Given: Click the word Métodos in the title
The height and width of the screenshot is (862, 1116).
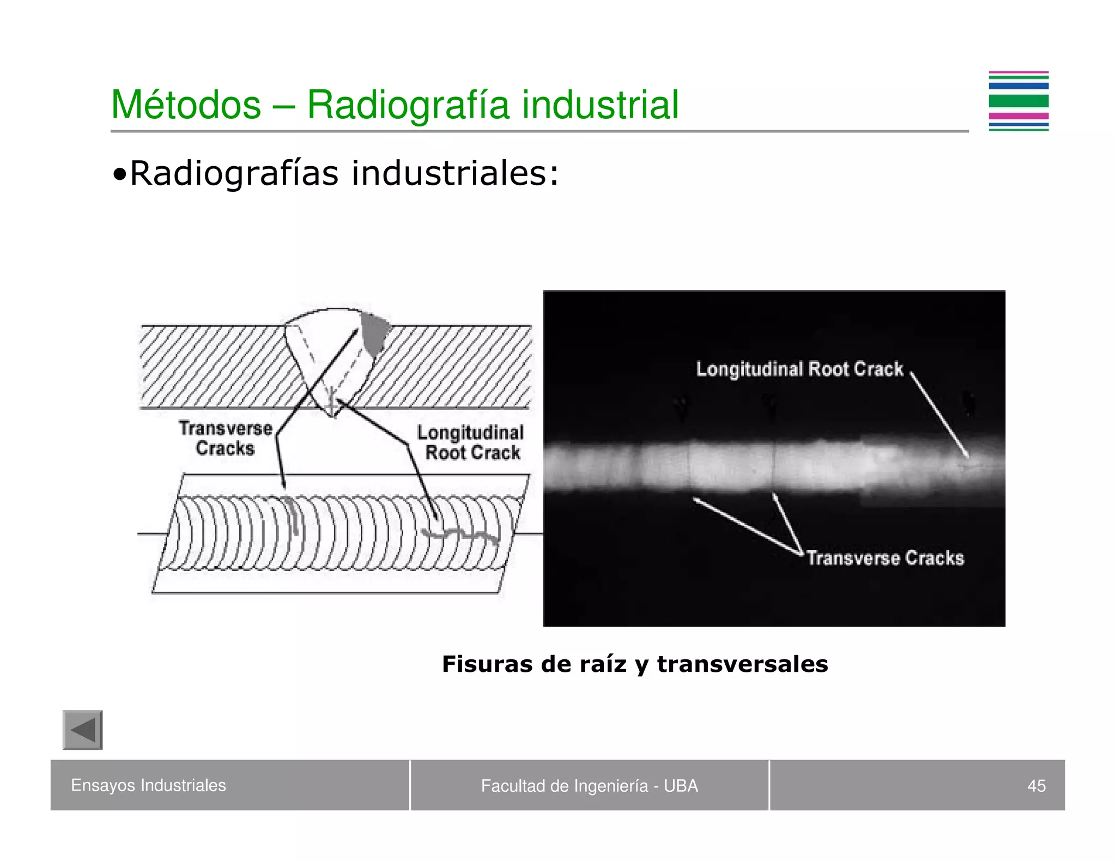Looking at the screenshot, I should click(186, 105).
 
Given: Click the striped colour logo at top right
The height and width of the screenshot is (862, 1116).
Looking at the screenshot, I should click(1018, 101).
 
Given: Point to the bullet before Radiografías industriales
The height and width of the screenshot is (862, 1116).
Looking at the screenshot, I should click(119, 175).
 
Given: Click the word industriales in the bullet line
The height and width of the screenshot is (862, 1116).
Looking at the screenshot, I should click(455, 173).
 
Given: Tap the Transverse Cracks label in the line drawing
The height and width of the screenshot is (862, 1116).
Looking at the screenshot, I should click(225, 438).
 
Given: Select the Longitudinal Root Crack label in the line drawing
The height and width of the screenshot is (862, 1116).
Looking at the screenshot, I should click(471, 442).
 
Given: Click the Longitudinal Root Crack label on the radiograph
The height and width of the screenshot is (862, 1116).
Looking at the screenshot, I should click(799, 369).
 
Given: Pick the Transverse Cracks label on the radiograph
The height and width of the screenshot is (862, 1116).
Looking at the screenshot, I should click(885, 558).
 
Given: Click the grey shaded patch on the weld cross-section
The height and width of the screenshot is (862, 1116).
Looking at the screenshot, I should click(374, 332).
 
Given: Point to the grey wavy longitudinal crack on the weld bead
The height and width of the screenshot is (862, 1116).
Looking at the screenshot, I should click(460, 535).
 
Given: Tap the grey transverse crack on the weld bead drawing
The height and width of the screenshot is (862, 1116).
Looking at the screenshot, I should click(293, 515).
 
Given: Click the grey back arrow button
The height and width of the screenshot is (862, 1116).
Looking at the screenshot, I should click(83, 730).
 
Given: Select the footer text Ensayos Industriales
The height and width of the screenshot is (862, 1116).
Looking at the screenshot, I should click(148, 785).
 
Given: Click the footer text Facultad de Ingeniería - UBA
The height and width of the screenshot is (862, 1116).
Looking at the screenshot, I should click(589, 786).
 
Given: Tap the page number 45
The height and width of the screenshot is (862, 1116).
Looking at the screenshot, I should click(1036, 786).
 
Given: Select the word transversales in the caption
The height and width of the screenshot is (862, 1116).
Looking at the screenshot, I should click(742, 664).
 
